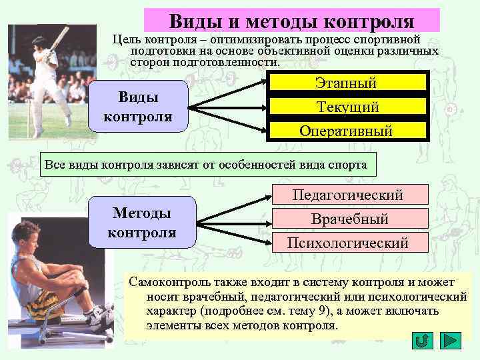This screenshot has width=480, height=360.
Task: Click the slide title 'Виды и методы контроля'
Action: (x=291, y=20)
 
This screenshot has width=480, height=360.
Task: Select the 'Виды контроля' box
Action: (x=138, y=107)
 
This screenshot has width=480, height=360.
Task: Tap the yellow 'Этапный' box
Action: (x=346, y=83)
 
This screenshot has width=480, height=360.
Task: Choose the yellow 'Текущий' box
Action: (x=347, y=107)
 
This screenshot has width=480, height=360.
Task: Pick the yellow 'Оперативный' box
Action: (x=346, y=131)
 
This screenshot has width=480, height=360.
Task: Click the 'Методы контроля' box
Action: (x=141, y=223)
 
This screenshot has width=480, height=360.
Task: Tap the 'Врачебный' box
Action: (x=349, y=219)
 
